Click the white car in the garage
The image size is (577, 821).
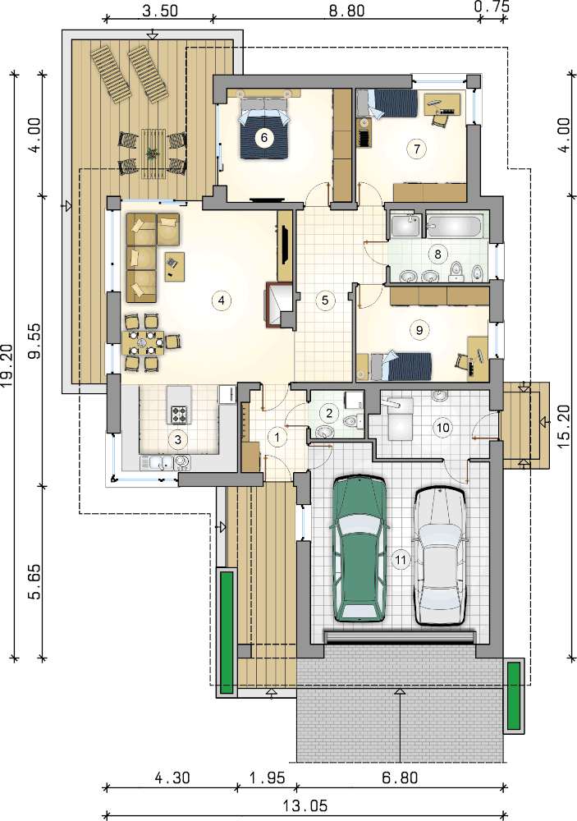(440, 556)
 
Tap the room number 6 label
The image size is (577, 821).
(264, 138)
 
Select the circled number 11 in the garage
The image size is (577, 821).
(401, 560)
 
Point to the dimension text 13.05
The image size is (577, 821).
(305, 805)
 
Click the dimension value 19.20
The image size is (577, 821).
(7, 365)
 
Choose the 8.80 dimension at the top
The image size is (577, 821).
(346, 11)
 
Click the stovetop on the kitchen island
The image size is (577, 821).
(179, 414)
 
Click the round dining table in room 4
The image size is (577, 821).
(143, 342)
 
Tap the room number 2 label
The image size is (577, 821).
(329, 413)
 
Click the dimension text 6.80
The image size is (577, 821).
(400, 777)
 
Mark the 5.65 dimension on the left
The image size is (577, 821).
(35, 581)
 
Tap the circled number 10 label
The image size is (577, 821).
(443, 428)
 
